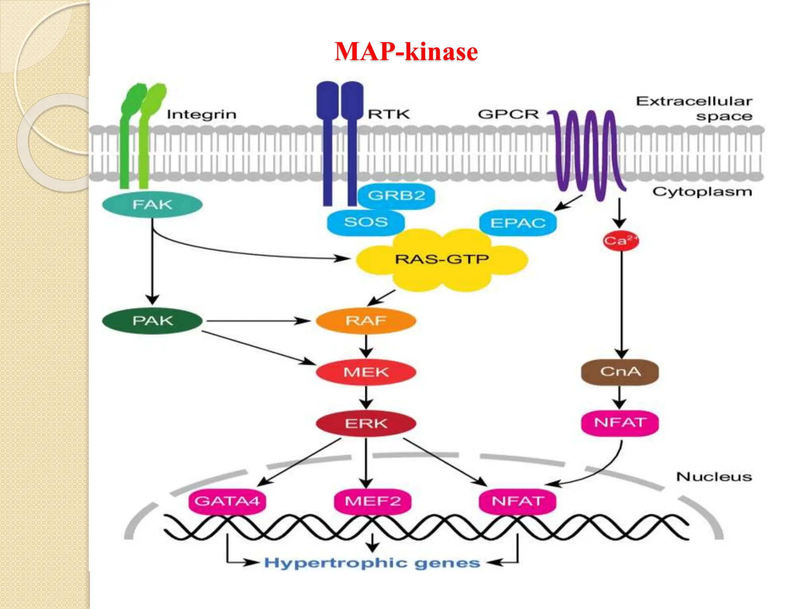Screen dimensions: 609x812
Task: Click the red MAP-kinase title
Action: pos(406,52)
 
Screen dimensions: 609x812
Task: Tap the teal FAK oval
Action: pos(152,205)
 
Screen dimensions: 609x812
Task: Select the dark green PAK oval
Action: pos(152,320)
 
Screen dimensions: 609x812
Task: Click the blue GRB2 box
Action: pos(396,195)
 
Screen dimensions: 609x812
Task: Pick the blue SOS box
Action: pos(366,222)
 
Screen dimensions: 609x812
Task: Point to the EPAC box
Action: pos(518,223)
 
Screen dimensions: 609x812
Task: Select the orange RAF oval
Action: pos(366,320)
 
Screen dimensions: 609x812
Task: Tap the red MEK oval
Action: pos(366,372)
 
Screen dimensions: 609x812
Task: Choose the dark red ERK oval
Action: pos(366,423)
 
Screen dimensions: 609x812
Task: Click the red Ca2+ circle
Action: pos(620,241)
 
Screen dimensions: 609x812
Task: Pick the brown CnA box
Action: pos(620,372)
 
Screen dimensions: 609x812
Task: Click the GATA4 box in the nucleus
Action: pos(227,501)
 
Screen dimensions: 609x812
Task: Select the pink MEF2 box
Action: pos(373,501)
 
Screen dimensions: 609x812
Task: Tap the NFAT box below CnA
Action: pos(620,423)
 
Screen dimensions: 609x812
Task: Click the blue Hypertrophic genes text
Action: pos(372,563)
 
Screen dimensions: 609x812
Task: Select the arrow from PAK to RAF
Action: pos(258,320)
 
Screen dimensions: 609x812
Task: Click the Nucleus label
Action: pos(714,477)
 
